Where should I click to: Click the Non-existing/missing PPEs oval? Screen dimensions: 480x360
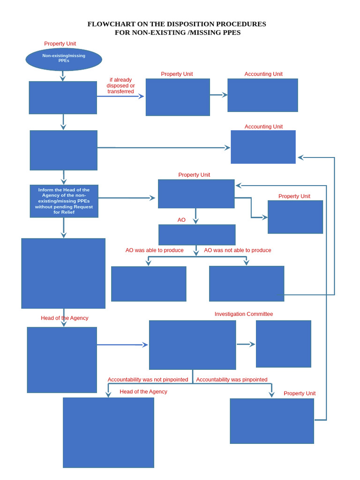coord(63,59)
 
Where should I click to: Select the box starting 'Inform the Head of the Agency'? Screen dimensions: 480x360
coord(64,201)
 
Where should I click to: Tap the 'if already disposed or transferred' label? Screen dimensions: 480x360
coord(120,86)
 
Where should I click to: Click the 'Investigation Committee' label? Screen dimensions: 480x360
coord(243,314)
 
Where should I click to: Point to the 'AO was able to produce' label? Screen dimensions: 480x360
coord(154,250)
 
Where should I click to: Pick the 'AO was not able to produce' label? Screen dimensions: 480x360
coord(237,250)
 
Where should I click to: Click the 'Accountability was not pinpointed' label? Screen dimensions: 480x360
coord(148,380)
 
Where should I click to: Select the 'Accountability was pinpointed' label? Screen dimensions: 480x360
coord(232,380)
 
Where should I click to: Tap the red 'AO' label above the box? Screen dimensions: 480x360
coord(181,220)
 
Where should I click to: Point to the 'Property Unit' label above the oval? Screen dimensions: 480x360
coord(60,44)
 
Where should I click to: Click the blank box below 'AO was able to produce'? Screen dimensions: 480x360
coord(149,284)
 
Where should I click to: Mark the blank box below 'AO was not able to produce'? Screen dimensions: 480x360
coord(247,284)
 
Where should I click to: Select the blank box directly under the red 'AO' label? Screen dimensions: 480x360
coord(197,235)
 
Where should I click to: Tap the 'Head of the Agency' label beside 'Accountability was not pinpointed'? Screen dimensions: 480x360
coord(143,391)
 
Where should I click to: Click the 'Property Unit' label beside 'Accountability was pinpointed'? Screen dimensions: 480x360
coord(300,393)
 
